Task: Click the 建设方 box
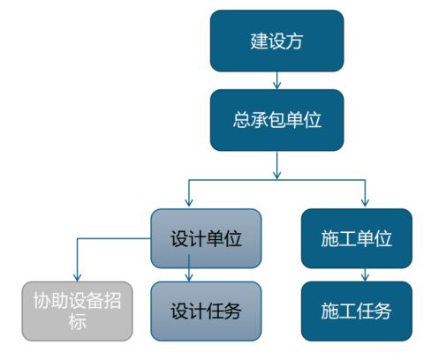(x=276, y=41)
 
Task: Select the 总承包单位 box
(x=276, y=120)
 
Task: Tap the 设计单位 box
(x=206, y=238)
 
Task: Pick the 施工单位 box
(x=357, y=238)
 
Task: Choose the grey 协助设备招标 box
(x=77, y=311)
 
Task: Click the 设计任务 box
(x=206, y=311)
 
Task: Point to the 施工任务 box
(x=357, y=311)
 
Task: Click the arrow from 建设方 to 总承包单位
(x=276, y=80)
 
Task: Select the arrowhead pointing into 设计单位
(x=189, y=202)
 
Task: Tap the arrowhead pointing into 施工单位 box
(x=365, y=202)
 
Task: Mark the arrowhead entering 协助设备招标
(x=77, y=277)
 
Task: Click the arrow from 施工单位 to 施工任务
(x=365, y=274)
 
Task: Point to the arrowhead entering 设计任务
(x=189, y=277)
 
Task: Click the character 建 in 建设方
(x=259, y=41)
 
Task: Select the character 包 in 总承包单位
(x=276, y=120)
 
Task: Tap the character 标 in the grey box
(x=77, y=321)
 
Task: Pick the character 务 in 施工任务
(x=382, y=311)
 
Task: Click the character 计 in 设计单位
(x=197, y=238)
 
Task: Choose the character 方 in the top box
(x=294, y=41)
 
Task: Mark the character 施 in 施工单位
(x=329, y=238)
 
